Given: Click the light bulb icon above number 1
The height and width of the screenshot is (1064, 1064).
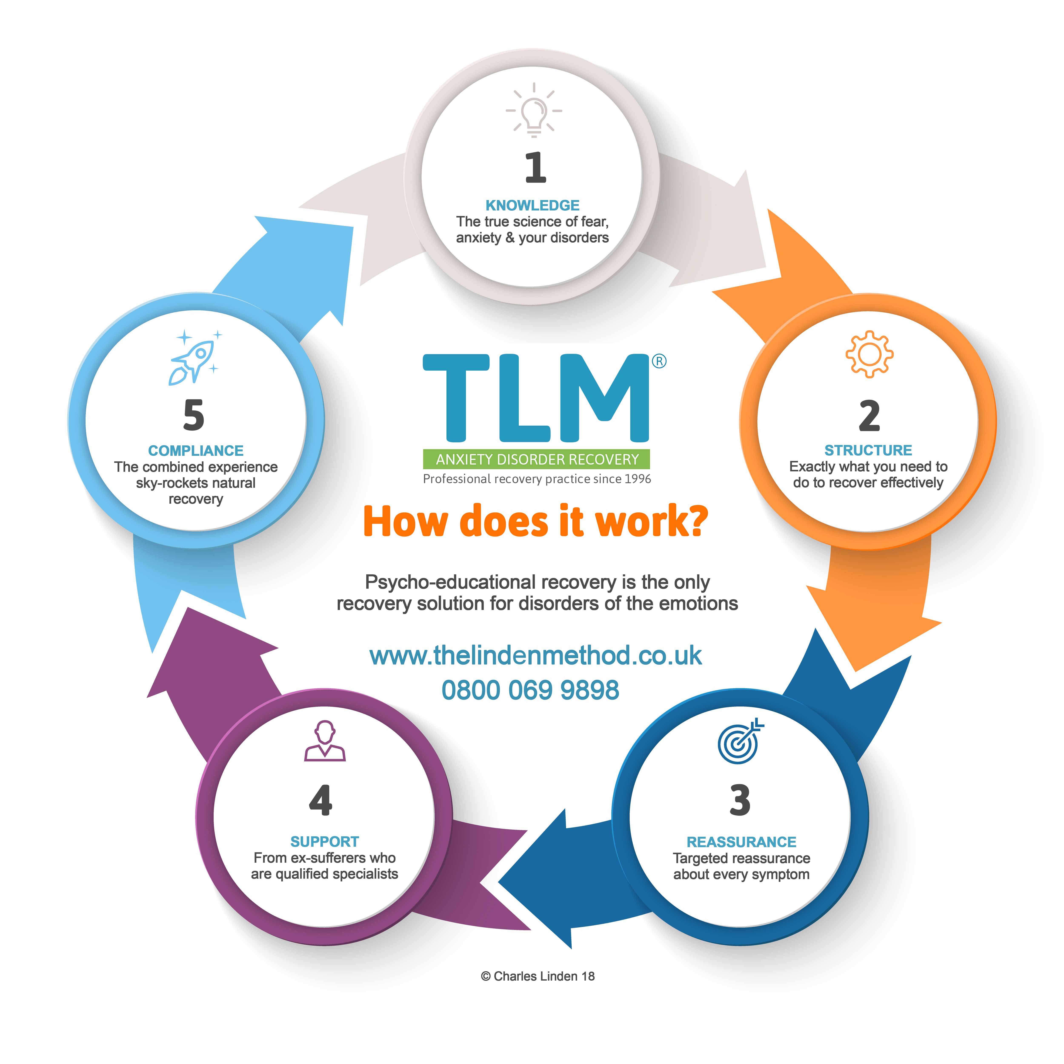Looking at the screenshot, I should tap(534, 110).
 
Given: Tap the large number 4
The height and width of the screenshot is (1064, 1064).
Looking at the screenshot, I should tap(320, 800).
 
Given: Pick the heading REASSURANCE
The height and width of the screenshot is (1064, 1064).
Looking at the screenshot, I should tap(741, 842).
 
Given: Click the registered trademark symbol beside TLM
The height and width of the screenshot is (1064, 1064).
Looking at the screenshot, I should tap(659, 361).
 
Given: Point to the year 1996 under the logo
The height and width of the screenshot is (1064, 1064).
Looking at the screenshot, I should tap(638, 479).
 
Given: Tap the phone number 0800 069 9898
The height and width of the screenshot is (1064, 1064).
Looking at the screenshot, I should tap(530, 690).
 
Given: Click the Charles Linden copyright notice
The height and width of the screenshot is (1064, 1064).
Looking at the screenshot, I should tap(538, 977).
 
